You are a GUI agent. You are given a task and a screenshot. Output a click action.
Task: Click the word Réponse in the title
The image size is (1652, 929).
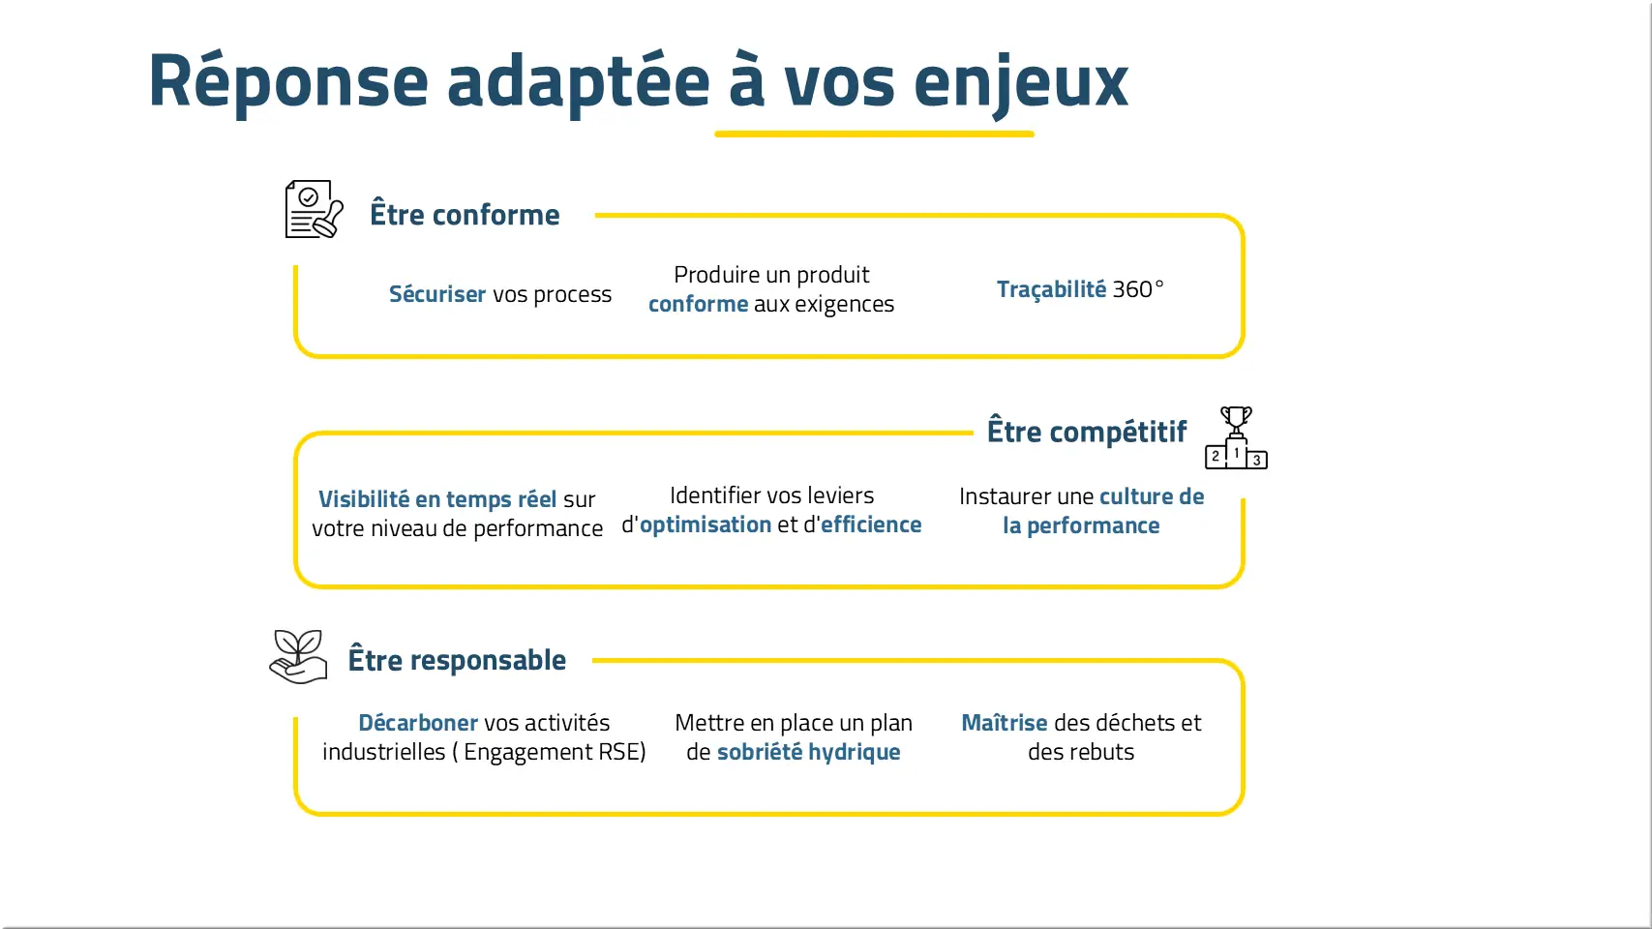(288, 82)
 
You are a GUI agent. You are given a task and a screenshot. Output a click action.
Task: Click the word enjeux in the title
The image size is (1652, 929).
(1021, 83)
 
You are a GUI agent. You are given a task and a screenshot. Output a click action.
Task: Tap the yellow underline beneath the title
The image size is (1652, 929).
(874, 134)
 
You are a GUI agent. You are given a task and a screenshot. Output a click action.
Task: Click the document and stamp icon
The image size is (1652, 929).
(315, 209)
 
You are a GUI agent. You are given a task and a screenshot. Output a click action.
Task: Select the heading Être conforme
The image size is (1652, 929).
(465, 215)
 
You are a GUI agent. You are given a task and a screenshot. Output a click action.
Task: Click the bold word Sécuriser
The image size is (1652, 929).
(437, 293)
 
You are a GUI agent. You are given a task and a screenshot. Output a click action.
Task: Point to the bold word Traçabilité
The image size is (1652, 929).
(1052, 289)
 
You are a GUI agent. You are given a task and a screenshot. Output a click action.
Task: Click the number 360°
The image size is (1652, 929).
(1138, 289)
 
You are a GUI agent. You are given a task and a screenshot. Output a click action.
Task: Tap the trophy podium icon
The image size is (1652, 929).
(1236, 437)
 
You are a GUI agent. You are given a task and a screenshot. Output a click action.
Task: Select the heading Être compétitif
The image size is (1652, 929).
(1087, 432)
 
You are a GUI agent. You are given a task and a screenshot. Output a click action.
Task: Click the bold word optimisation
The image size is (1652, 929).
(706, 524)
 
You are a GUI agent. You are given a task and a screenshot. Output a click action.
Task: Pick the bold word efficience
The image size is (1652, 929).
(871, 524)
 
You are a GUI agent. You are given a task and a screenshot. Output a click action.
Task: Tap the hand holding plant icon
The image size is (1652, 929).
(299, 657)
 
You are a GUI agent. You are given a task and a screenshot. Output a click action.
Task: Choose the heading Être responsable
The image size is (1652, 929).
(457, 660)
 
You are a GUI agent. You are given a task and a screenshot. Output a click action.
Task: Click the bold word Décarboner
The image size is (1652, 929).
(418, 723)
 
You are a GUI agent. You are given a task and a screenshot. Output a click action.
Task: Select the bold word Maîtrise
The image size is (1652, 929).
(1005, 723)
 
